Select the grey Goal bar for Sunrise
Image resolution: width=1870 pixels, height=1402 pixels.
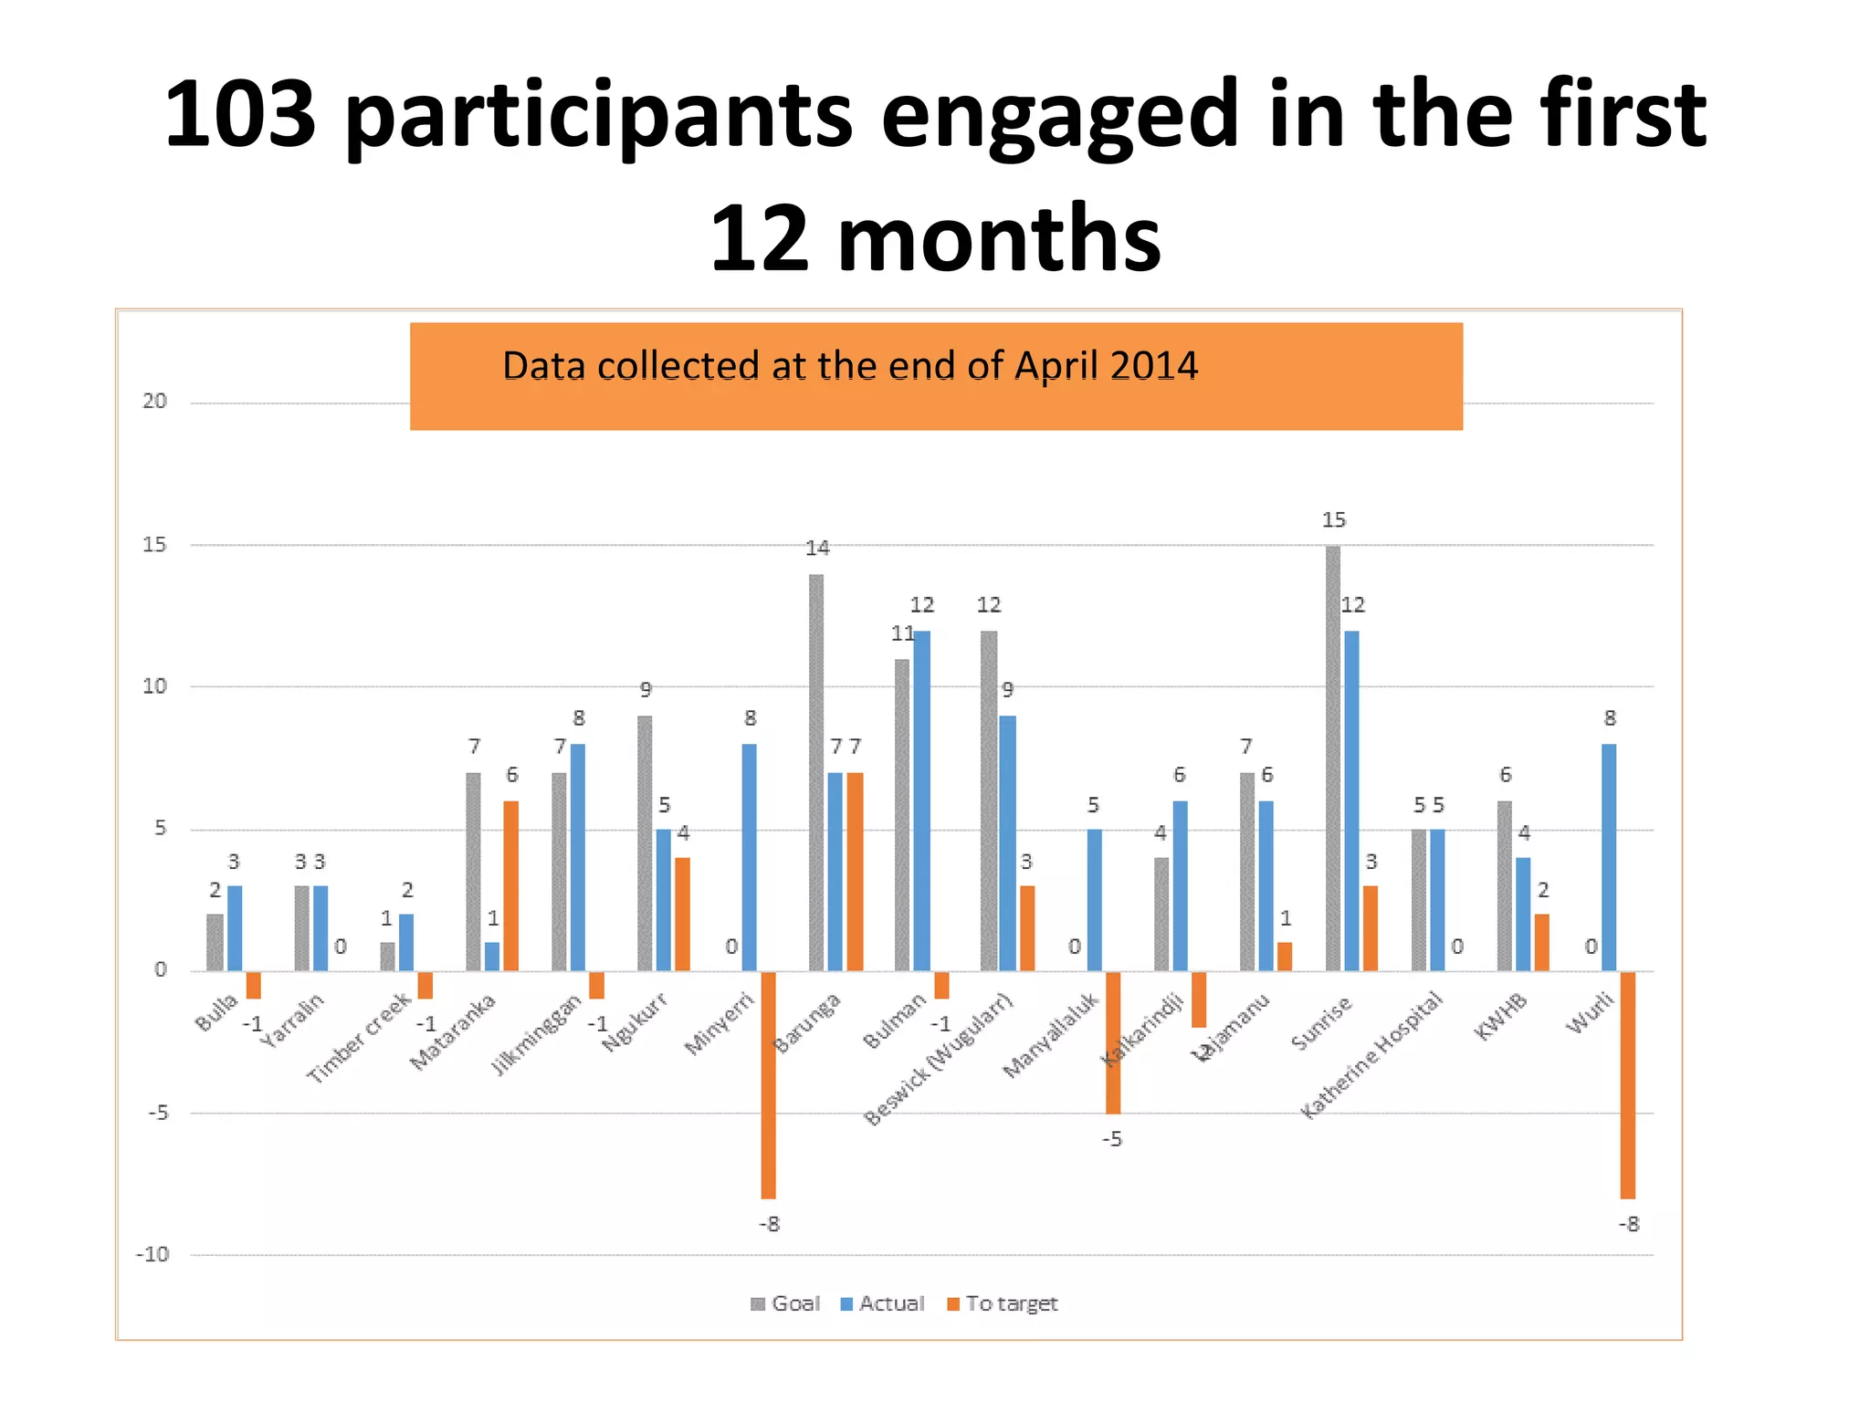point(1332,758)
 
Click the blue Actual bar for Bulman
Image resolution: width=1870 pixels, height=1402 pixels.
point(921,800)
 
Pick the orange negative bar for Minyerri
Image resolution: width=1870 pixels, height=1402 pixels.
point(768,1084)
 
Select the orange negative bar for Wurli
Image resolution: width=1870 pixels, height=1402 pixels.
point(1627,1084)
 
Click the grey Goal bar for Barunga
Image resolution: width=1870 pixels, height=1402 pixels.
point(816,772)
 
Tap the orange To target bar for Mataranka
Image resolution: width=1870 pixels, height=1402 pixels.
point(511,885)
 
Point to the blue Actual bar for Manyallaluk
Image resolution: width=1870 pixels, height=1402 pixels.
point(1094,899)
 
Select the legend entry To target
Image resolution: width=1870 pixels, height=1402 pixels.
point(1002,1303)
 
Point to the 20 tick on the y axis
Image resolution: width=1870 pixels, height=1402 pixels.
point(154,402)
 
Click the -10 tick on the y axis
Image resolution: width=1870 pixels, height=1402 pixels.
point(152,1254)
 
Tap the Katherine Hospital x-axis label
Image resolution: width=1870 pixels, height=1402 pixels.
point(1372,1056)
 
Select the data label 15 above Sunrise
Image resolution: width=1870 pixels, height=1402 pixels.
point(1333,520)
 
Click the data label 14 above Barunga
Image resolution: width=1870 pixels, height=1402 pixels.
point(816,549)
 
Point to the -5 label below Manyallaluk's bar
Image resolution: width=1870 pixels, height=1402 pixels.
point(1111,1139)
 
